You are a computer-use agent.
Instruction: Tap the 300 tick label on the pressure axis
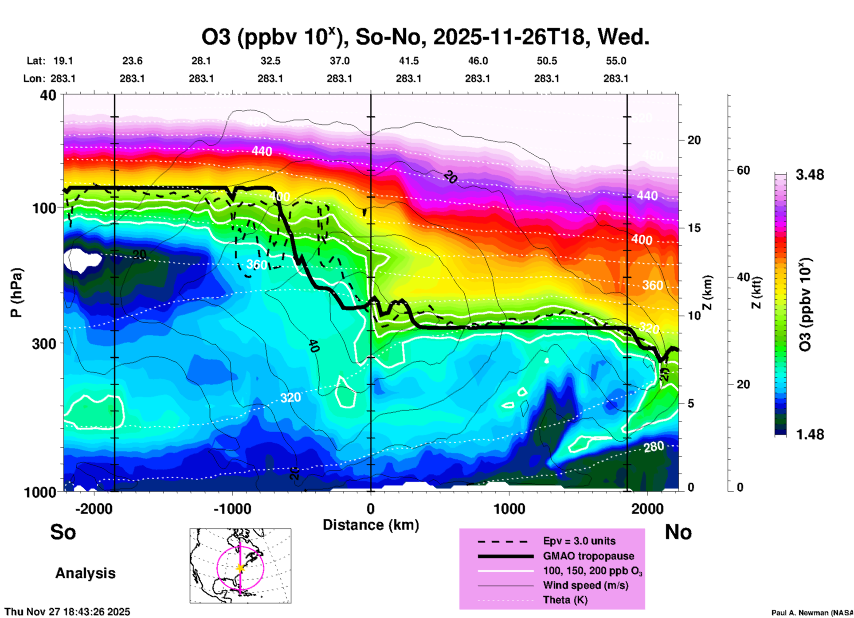44,344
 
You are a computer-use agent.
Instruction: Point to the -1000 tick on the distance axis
232,508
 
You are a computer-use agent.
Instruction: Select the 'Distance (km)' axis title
370,525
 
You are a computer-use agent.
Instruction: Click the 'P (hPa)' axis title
16,292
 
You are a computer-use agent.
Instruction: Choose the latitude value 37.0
339,61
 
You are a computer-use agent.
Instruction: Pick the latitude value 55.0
615,61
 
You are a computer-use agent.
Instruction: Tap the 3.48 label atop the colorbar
810,175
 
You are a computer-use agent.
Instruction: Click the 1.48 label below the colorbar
810,434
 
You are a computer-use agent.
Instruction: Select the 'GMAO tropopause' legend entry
588,556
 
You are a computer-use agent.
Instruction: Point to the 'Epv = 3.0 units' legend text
579,541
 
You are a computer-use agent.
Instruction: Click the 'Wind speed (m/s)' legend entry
585,585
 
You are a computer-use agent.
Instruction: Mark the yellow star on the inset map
240,567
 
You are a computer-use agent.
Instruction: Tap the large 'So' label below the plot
63,532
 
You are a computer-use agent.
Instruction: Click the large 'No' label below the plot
678,532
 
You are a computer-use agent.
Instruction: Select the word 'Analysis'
85,573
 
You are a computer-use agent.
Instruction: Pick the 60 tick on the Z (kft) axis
743,170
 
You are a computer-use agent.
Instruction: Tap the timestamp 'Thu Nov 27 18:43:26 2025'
67,612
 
